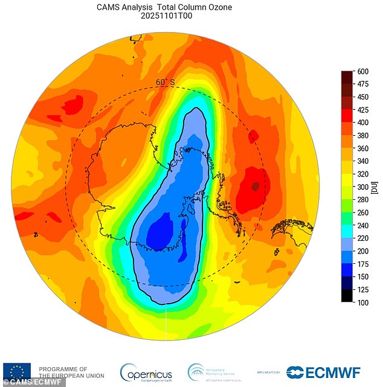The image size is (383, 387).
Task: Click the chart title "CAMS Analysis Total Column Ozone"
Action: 165,7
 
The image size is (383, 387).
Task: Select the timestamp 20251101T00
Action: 165,17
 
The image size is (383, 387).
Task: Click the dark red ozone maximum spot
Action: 255,186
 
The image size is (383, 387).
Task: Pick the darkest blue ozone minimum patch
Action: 159,232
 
